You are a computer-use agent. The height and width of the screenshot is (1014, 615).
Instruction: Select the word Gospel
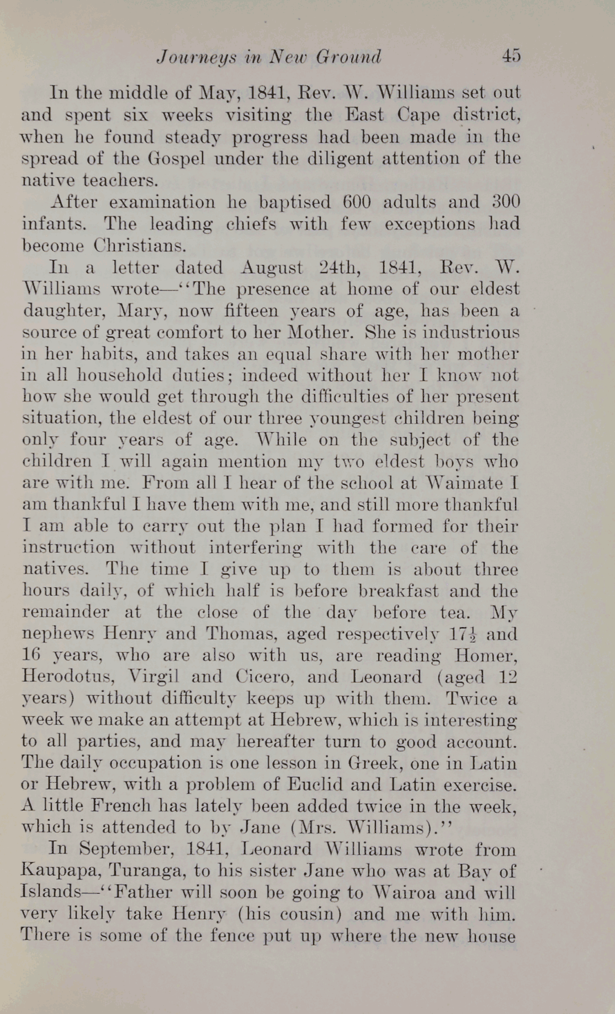click(x=176, y=158)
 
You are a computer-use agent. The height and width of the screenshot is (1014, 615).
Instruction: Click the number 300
click(x=506, y=202)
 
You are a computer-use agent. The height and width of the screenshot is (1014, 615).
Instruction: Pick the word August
click(x=272, y=268)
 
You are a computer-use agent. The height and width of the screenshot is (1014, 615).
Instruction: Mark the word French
click(x=120, y=806)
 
